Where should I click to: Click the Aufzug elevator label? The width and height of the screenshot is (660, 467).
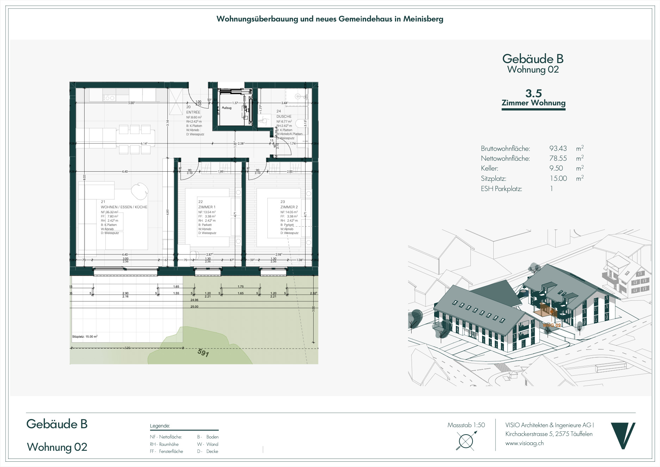tap(227, 108)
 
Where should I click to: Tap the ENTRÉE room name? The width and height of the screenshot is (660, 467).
tap(193, 112)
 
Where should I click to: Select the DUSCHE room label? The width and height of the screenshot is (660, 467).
tap(284, 116)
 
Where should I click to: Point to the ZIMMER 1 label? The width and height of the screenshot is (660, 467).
tap(207, 207)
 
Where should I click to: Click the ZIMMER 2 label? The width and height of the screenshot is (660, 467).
tap(289, 207)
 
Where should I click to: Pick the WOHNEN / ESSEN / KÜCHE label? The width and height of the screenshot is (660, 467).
tap(124, 207)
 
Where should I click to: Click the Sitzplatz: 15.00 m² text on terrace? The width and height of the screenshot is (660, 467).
tap(85, 337)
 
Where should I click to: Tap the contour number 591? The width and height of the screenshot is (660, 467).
tap(203, 352)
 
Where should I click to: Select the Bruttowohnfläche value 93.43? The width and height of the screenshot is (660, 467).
tap(558, 148)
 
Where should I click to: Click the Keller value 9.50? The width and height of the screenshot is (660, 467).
tap(556, 168)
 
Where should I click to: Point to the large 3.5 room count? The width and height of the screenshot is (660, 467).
tap(533, 93)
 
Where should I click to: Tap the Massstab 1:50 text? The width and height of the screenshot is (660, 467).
tap(466, 425)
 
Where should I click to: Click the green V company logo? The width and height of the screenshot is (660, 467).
tap(623, 436)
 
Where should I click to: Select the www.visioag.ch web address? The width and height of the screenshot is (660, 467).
tap(524, 443)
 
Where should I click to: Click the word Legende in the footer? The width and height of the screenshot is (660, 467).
tap(160, 426)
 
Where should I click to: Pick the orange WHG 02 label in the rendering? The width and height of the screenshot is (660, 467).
tap(552, 325)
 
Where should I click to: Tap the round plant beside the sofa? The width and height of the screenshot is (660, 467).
tap(140, 191)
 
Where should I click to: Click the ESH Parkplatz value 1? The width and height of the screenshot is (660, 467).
tap(551, 189)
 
